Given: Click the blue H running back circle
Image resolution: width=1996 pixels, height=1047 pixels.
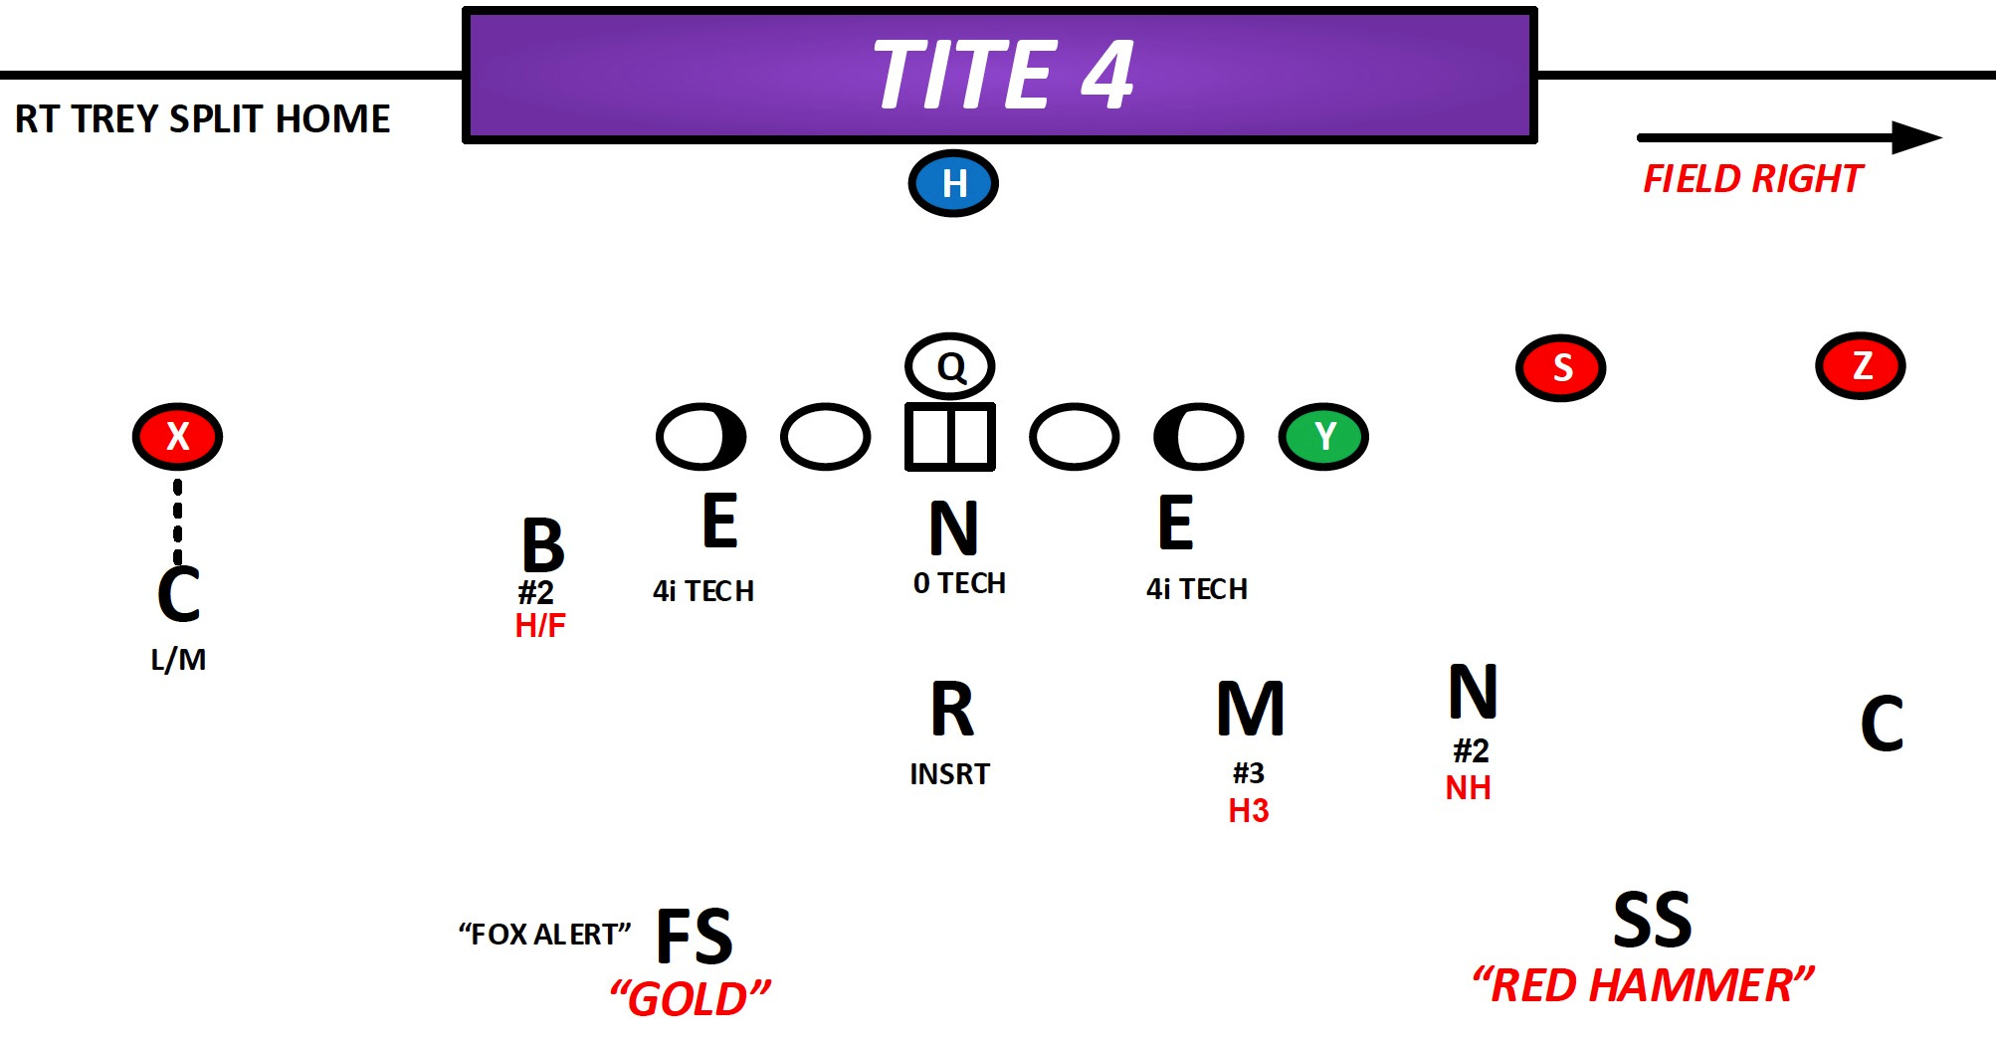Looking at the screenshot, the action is [x=953, y=183].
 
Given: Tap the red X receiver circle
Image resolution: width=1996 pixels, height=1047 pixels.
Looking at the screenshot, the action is [x=177, y=436].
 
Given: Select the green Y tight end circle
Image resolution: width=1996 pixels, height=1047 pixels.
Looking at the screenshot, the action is [x=1323, y=436].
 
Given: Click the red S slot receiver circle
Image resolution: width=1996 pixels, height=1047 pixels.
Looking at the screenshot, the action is [x=1560, y=367].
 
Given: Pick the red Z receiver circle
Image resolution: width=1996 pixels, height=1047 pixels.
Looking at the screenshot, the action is [x=1861, y=365].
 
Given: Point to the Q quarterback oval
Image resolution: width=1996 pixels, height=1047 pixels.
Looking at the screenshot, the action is [x=950, y=366].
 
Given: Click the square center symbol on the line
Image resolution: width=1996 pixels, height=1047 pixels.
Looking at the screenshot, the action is [x=949, y=436].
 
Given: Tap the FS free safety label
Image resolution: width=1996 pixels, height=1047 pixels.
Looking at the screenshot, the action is [x=695, y=937].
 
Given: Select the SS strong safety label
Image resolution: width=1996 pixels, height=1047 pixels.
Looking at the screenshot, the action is [x=1652, y=920].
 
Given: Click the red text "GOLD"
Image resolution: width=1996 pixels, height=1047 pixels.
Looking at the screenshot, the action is [x=690, y=998].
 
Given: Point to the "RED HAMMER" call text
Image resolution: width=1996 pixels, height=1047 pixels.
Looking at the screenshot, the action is [x=1643, y=985].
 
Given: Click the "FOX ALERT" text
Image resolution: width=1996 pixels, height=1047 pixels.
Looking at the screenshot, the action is [x=544, y=935].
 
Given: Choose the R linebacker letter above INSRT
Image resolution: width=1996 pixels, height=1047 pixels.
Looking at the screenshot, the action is [x=952, y=710].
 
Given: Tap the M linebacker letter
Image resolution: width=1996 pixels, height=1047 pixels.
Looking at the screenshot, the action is [x=1251, y=710].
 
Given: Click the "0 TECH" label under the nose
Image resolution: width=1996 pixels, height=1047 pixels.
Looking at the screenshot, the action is [x=959, y=583].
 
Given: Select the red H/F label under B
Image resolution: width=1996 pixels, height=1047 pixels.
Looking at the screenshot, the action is [x=540, y=626].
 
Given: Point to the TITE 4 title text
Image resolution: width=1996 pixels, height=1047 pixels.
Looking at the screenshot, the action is [x=1003, y=75].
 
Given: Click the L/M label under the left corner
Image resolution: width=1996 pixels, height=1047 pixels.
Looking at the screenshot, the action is [x=178, y=660].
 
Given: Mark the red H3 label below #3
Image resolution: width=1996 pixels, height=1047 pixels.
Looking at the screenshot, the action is [x=1249, y=811].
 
